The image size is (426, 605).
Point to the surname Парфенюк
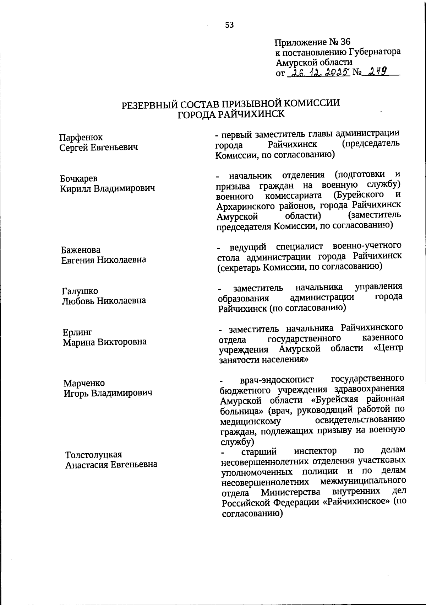point(81,137)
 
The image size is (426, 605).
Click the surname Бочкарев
point(79,178)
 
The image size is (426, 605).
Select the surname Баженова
point(81,250)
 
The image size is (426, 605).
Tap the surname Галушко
point(80,291)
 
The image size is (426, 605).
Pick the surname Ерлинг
point(78,332)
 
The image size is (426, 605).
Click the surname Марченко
point(84,383)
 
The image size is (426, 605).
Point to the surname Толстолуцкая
point(93,455)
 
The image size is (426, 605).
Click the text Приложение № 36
point(312,42)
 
